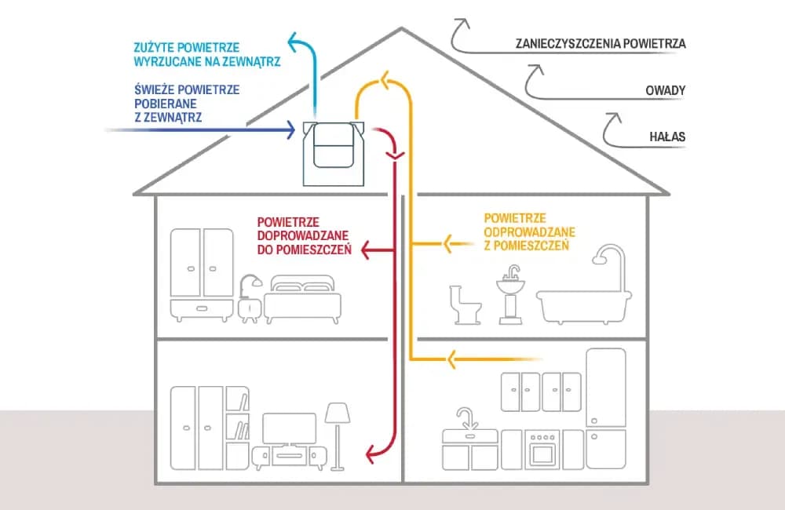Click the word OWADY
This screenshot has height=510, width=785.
coord(666,91)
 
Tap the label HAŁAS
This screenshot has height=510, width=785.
coord(667,137)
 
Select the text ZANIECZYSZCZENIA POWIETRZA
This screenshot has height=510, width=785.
coord(601,44)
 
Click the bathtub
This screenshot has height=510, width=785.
coord(583,306)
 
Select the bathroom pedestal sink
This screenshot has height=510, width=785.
coord(510,294)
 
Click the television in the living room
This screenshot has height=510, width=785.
coord(289,428)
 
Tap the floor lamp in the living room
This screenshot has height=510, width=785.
coord(338,435)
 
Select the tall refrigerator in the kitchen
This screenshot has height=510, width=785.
coord(606,408)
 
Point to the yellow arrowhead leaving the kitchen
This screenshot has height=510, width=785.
coord(451,360)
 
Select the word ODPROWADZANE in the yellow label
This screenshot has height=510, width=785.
coord(530,232)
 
